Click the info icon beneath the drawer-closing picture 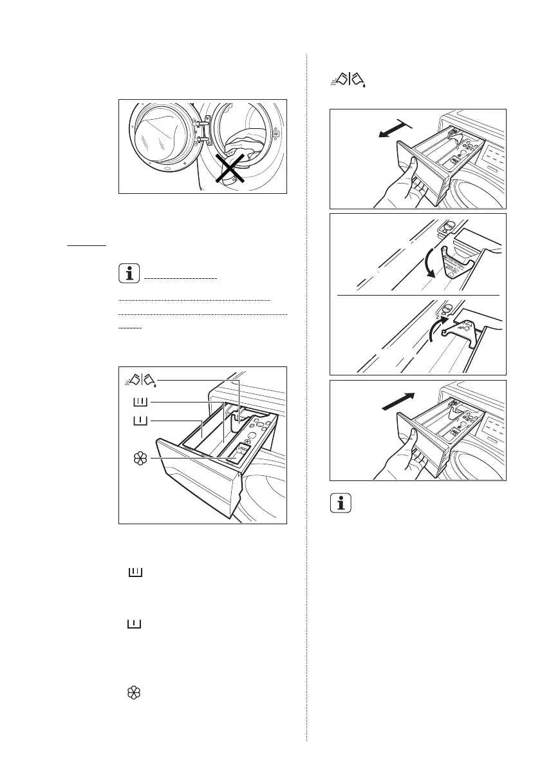342,503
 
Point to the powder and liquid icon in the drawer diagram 140,381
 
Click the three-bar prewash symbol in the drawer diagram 140,403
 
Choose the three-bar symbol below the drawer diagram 134,572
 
